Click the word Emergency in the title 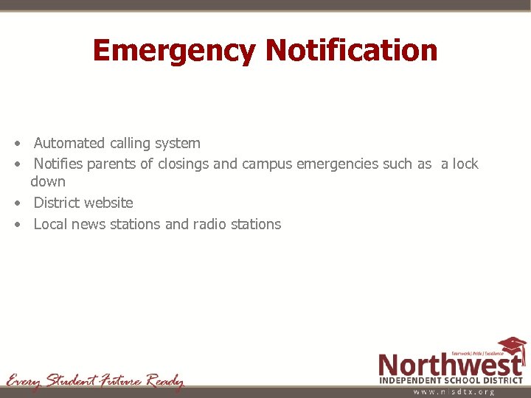point(175,51)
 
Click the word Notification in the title point(351,50)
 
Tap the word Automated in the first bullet point(69,143)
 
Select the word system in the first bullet point(176,144)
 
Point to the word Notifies point(58,164)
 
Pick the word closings point(181,164)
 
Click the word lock point(465,164)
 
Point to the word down point(48,181)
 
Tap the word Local point(50,224)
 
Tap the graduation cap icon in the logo point(512,346)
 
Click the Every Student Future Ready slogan point(95,381)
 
